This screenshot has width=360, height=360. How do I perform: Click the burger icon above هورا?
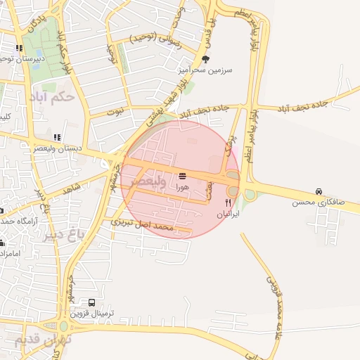coord(183,175)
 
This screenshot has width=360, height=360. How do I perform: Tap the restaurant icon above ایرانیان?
coord(227,202)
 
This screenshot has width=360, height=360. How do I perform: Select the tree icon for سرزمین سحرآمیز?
coord(205,60)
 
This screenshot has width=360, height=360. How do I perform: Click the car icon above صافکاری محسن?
coord(319,191)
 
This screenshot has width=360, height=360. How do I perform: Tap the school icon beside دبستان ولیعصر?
coord(57,137)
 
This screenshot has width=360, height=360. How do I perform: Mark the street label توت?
coord(115,111)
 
